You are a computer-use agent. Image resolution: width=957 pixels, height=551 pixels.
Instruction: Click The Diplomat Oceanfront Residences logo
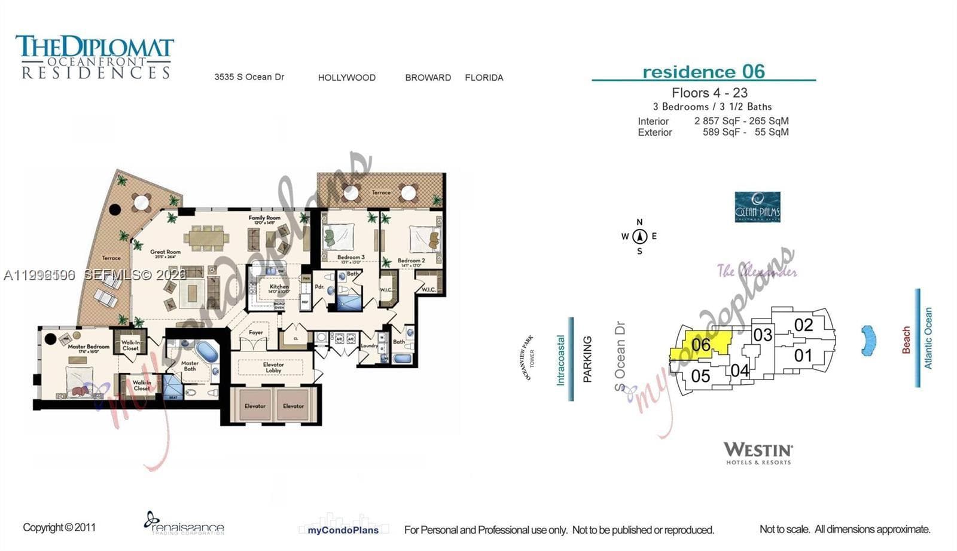pos(95,57)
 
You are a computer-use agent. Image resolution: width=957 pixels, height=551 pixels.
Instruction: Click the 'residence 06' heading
pos(703,72)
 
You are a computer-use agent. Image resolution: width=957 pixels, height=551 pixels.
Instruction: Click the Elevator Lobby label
pos(273,367)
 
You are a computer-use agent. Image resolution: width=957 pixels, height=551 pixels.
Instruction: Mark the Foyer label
pos(256,332)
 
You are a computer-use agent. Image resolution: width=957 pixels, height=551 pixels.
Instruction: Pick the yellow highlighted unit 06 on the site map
pos(700,345)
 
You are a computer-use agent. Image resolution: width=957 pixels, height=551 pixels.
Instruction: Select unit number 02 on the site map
pos(803,325)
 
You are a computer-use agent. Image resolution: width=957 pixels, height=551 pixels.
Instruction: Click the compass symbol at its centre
pos(639,236)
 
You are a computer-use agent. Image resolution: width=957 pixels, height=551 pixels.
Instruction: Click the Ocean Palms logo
pos(757,207)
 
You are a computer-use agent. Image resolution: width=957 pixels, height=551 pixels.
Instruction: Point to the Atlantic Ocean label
pos(928,338)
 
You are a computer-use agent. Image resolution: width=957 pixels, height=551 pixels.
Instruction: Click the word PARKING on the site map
pos(587,359)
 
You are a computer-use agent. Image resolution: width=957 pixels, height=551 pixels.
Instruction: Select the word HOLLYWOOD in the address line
pos(347,78)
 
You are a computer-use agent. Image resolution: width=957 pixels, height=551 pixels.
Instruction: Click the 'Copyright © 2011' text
pos(59,528)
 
